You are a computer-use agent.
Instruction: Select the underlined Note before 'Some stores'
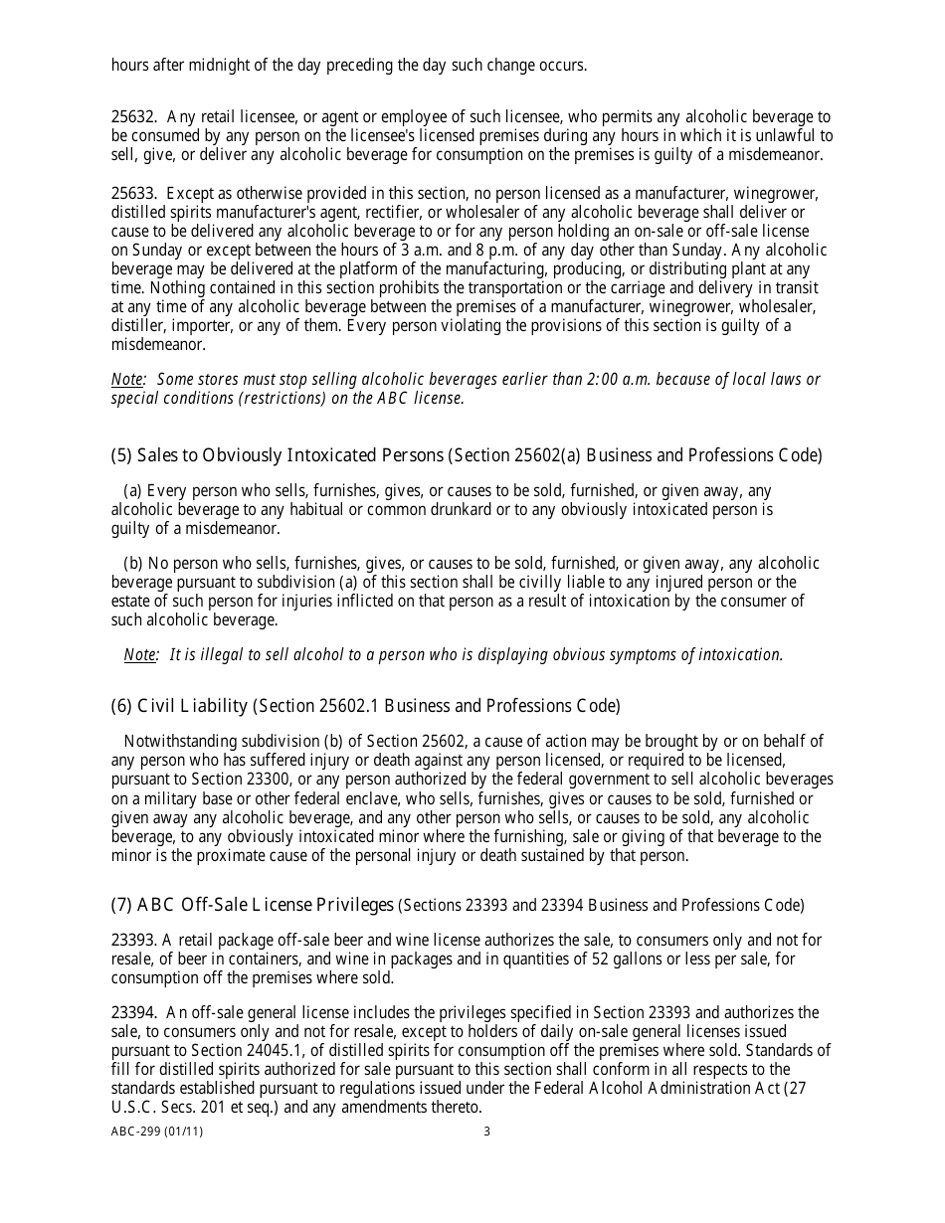pos(127,379)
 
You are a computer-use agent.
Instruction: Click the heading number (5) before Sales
pos(121,455)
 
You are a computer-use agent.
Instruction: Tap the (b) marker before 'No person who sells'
pos(133,564)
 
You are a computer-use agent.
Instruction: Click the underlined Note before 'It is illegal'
pos(140,654)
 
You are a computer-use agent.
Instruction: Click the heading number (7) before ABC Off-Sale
pos(121,905)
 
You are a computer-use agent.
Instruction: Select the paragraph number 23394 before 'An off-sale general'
pos(131,1013)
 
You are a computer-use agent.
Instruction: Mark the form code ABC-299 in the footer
pos(138,1131)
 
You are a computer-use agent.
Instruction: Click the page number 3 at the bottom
pos(486,1131)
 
